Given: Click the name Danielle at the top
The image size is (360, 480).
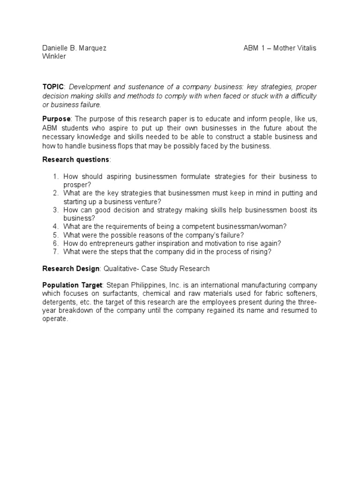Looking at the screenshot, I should [x=56, y=48].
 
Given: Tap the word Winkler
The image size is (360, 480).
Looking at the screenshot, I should [x=54, y=57].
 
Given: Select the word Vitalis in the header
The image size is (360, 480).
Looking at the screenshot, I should [x=305, y=48].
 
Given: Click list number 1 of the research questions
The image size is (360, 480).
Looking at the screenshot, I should [x=55, y=176].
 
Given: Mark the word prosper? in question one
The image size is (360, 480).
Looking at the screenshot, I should [x=77, y=185].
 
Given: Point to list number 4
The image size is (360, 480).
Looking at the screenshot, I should [x=55, y=226].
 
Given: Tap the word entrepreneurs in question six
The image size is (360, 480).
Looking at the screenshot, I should [x=107, y=243].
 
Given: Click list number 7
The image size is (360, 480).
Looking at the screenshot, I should [x=55, y=252].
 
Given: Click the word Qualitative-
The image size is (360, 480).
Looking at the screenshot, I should [x=122, y=269].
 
